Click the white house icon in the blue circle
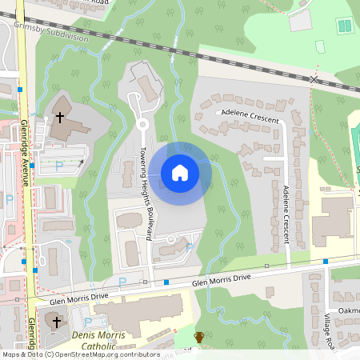(x=180, y=173)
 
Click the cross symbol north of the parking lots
(x=60, y=118)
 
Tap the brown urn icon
(x=199, y=338)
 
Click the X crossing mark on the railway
(x=314, y=79)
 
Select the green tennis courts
(x=345, y=26)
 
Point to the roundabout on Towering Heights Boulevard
(x=142, y=124)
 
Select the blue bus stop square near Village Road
(x=326, y=262)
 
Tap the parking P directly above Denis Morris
(x=122, y=282)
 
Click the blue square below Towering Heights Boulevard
(x=166, y=282)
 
